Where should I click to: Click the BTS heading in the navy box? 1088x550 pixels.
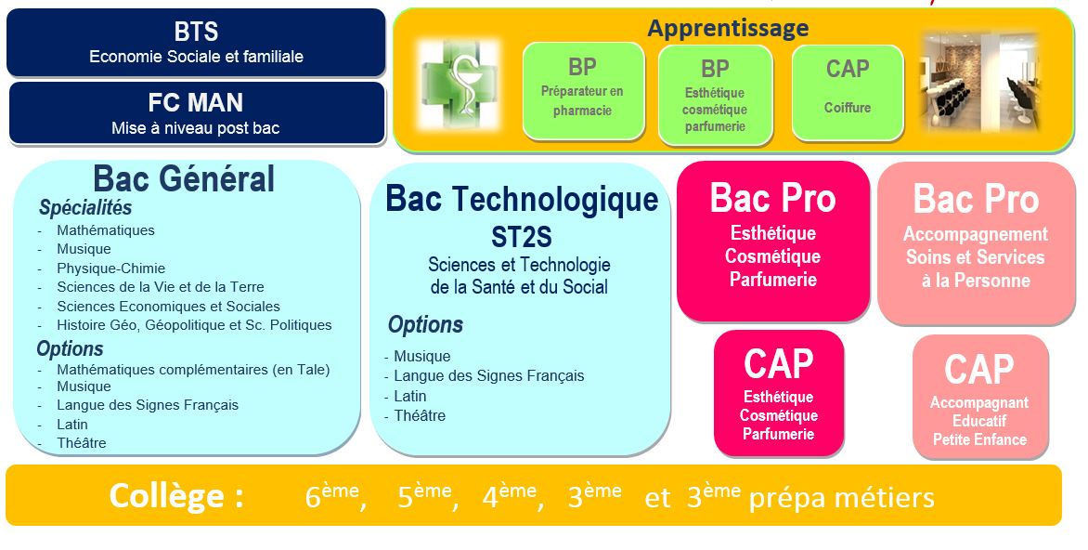(x=196, y=32)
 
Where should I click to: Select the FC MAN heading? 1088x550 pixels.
(x=196, y=102)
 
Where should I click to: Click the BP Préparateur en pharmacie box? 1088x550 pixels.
(x=583, y=91)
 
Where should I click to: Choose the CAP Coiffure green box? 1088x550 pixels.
(x=847, y=91)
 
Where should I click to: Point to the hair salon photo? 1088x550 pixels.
(x=979, y=82)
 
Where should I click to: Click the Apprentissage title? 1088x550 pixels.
(x=727, y=29)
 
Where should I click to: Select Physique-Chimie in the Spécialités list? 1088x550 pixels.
(x=110, y=268)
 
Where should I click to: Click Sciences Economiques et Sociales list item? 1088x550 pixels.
(x=168, y=307)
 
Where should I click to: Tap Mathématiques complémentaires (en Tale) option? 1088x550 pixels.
(x=193, y=370)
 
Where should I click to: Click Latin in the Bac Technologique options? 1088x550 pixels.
(x=409, y=396)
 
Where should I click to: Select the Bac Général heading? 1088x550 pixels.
(x=184, y=178)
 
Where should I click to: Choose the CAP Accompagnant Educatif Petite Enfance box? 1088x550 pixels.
(x=979, y=397)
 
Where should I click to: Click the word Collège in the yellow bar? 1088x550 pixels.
(x=176, y=496)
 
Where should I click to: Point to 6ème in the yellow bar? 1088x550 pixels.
(x=331, y=497)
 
